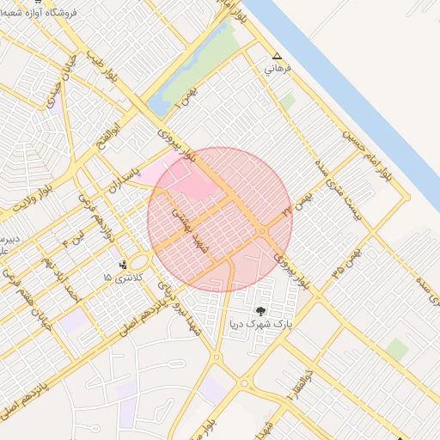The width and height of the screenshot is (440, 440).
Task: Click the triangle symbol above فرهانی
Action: (x=276, y=56)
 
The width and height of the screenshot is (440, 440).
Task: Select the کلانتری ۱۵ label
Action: (x=119, y=278)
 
